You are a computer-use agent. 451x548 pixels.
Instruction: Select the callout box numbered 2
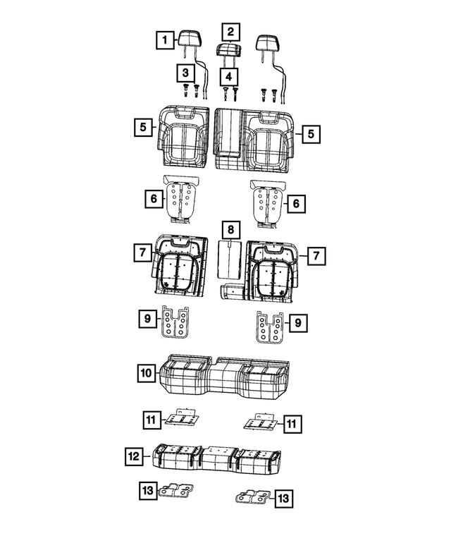click(x=230, y=31)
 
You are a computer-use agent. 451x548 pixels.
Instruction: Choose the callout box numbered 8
click(x=230, y=230)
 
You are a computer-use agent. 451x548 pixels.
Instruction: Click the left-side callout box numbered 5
click(x=143, y=128)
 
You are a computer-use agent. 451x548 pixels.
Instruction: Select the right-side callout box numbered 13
click(x=283, y=499)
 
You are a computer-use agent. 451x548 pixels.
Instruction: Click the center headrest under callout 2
click(x=229, y=49)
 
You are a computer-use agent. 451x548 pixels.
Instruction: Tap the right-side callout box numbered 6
click(x=296, y=204)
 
